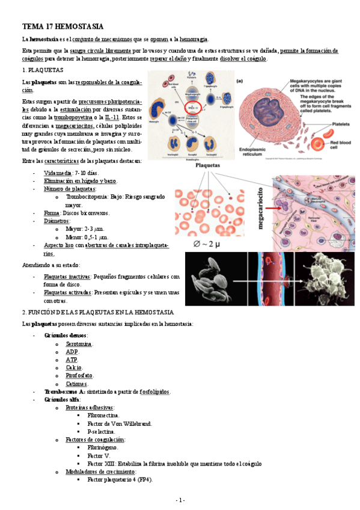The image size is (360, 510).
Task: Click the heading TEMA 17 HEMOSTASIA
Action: pyautogui.click(x=63, y=27)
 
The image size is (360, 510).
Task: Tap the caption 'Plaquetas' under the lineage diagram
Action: pyautogui.click(x=204, y=164)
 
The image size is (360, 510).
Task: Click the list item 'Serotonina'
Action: pyautogui.click(x=79, y=343)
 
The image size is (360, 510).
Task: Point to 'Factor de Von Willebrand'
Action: pyautogui.click(x=120, y=423)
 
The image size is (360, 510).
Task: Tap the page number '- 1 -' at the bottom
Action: pyautogui.click(x=180, y=500)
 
